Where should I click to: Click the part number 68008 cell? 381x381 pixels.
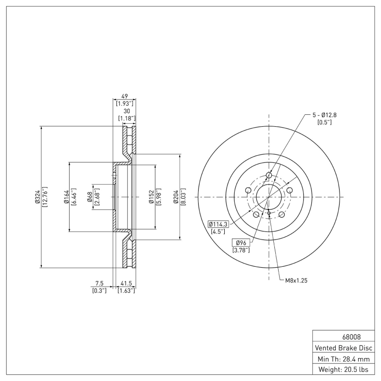pos(342,337)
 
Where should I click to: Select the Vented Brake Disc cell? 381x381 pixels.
pos(342,348)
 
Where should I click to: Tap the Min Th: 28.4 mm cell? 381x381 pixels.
pos(342,359)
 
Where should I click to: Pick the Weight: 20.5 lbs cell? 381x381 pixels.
pos(342,370)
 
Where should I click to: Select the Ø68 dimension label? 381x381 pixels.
pos(89,197)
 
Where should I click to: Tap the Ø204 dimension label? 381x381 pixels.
pos(176,197)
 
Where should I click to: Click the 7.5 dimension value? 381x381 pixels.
pos(100,283)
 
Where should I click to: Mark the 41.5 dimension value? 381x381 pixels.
pos(126,283)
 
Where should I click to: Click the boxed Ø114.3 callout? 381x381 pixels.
pos(219,224)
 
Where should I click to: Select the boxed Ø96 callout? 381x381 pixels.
pos(241,242)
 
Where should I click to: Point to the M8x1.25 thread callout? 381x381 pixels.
pos(296,281)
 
